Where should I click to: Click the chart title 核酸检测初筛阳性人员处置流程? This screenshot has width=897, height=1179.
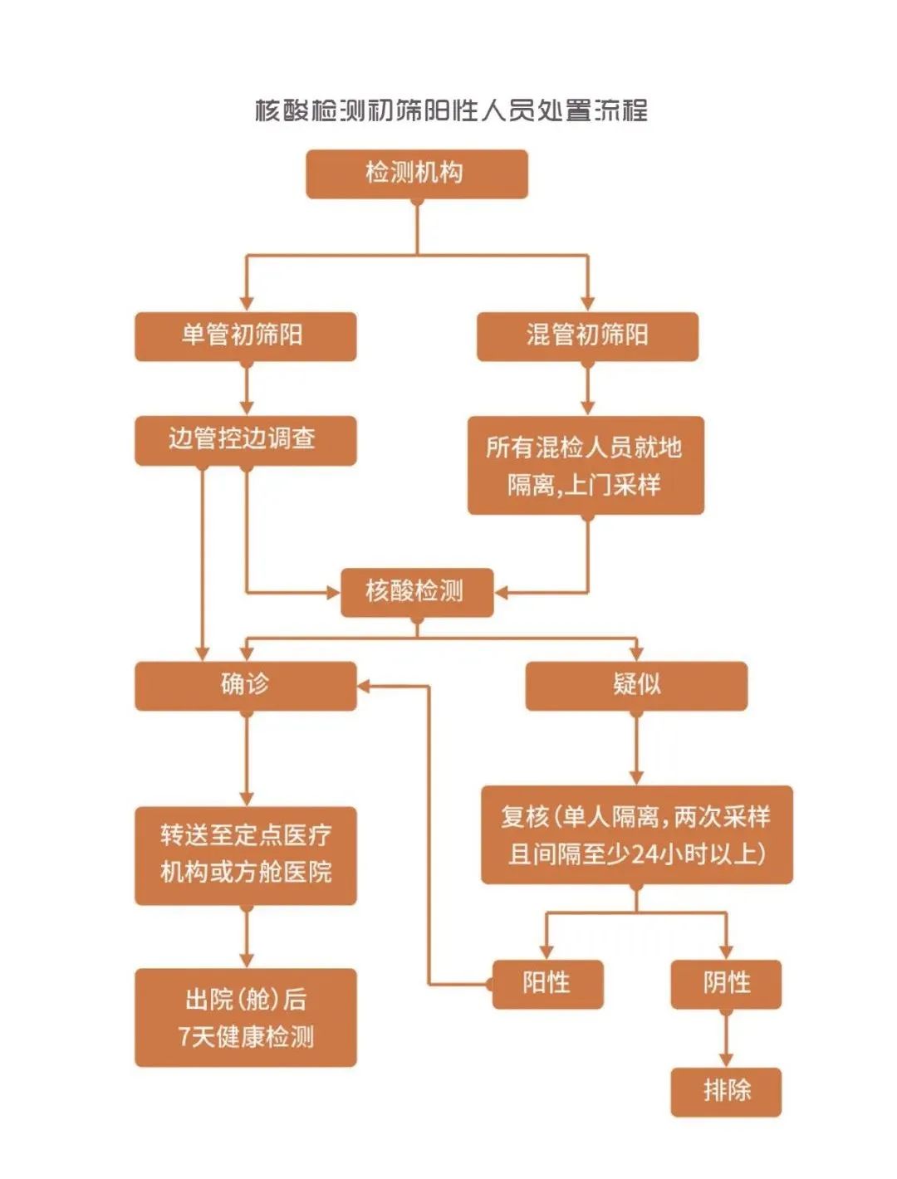pyautogui.click(x=451, y=110)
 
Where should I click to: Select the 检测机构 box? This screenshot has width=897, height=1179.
pyautogui.click(x=416, y=174)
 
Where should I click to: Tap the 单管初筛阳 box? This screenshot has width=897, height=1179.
pyautogui.click(x=245, y=336)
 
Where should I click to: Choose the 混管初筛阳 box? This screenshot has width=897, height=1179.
pyautogui.click(x=586, y=336)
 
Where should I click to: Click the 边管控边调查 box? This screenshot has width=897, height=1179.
pyautogui.click(x=245, y=440)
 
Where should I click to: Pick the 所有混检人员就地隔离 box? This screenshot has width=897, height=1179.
pyautogui.click(x=586, y=465)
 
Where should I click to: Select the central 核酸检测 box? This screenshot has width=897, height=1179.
pyautogui.click(x=416, y=592)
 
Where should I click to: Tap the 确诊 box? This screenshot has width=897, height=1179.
pyautogui.click(x=245, y=686)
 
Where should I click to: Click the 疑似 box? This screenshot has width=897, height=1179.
pyautogui.click(x=636, y=686)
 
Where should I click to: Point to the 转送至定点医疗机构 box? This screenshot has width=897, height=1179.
pyautogui.click(x=245, y=855)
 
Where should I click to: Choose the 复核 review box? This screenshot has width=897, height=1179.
pyautogui.click(x=636, y=834)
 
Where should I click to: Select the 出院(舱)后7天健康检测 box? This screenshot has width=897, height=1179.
pyautogui.click(x=245, y=1017)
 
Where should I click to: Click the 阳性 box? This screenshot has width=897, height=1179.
pyautogui.click(x=547, y=984)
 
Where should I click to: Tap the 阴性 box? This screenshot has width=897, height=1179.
pyautogui.click(x=726, y=984)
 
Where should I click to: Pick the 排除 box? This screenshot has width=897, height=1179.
pyautogui.click(x=726, y=1092)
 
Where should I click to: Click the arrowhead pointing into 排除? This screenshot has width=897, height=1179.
pyautogui.click(x=726, y=1059)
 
